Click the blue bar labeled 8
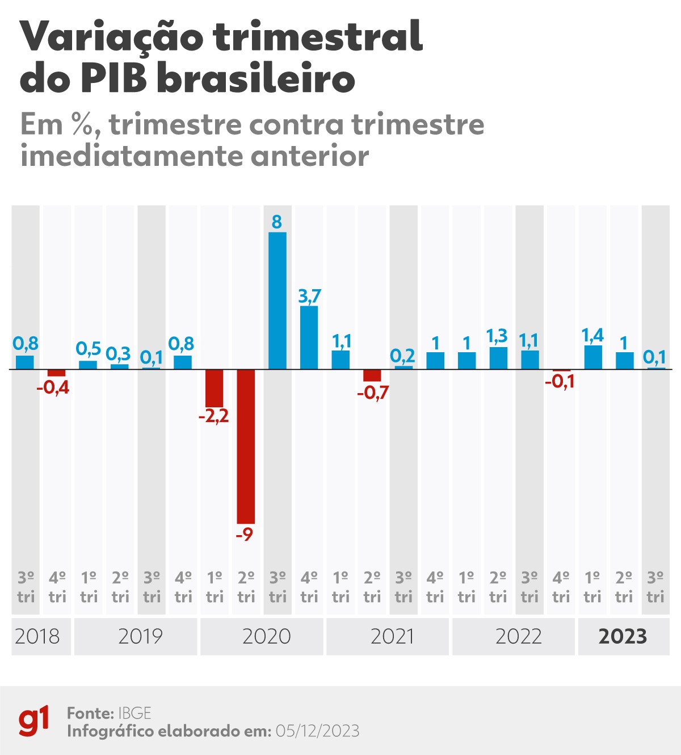click(x=277, y=301)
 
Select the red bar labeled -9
click(x=246, y=446)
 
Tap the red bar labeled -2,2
click(x=214, y=388)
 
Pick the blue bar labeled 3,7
click(x=309, y=337)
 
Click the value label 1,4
click(x=592, y=335)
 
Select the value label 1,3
click(x=497, y=336)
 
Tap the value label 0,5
click(x=89, y=348)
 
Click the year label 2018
click(x=37, y=636)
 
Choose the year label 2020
click(x=266, y=636)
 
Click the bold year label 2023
click(x=623, y=636)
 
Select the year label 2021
click(x=392, y=636)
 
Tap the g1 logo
click(x=34, y=721)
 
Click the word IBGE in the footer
click(x=134, y=713)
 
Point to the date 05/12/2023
click(x=317, y=731)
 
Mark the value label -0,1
click(x=560, y=382)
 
